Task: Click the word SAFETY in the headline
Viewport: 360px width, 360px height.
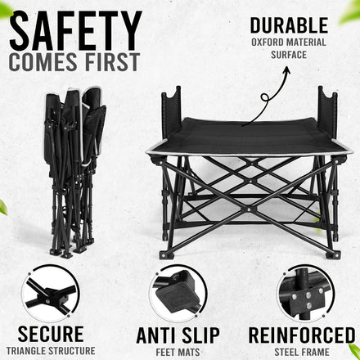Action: coord(75,31)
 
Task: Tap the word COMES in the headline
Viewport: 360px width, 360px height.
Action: coord(43,62)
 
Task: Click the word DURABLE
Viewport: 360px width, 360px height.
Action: coord(289,25)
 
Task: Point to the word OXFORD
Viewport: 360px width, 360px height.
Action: coord(268,43)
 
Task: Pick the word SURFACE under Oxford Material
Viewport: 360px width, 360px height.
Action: coord(289,55)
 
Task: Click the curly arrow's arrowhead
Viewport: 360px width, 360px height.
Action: coord(286,70)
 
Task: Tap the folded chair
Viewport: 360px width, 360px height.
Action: coord(75,172)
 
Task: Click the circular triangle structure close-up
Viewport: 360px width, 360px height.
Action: coord(51,294)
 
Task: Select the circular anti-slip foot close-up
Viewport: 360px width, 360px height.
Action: coord(178,294)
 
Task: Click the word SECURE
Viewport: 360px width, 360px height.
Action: coord(51,334)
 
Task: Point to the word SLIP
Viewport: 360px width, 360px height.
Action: coord(200,335)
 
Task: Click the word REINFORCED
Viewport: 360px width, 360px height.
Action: coord(302,335)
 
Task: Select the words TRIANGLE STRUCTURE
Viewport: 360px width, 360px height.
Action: coord(51,351)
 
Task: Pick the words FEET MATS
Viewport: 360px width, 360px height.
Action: coord(178,352)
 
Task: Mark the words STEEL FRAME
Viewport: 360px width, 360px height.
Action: coord(302,352)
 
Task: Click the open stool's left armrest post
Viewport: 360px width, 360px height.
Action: coord(171,112)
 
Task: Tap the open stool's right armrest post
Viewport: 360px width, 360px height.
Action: coord(327,112)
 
